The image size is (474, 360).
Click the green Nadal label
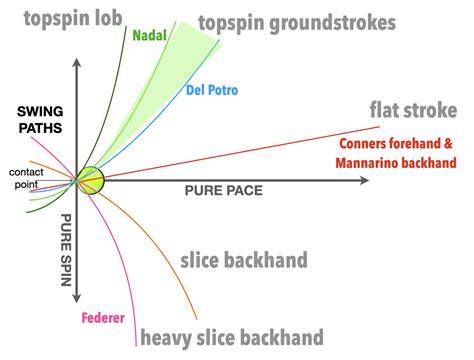[x=149, y=35]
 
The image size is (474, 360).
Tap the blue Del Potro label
[x=212, y=90]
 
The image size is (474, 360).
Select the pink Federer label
[x=103, y=318]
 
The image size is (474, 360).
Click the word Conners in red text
[x=363, y=144]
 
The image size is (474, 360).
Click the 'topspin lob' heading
[x=73, y=19]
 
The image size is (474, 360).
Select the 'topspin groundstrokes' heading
[x=297, y=24]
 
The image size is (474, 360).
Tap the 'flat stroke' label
[x=413, y=110]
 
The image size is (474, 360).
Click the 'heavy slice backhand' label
[x=232, y=338]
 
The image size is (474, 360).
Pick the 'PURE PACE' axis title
[x=224, y=191]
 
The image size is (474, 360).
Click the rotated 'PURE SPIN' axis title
[x=66, y=250]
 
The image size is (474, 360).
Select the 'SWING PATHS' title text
[x=40, y=120]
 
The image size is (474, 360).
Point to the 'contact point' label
[x=26, y=178]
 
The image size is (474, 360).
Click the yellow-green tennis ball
[x=91, y=180]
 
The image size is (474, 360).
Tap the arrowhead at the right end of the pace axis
[x=364, y=180]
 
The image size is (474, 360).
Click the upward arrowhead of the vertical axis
[x=77, y=62]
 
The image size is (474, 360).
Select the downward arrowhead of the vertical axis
[x=77, y=298]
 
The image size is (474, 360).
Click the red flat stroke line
[x=242, y=152]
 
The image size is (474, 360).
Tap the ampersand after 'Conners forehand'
[x=448, y=144]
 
